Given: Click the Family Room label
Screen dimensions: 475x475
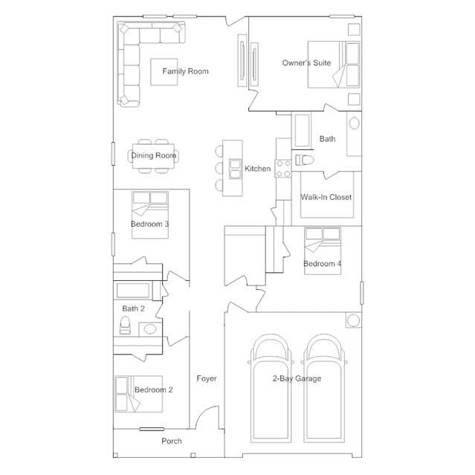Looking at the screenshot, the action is click(185, 71).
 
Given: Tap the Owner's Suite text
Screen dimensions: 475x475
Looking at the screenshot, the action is click(306, 63).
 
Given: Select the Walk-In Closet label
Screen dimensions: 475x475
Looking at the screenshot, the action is click(326, 197).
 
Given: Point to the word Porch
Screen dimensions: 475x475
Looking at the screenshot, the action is click(172, 441).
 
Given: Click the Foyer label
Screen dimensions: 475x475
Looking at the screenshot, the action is click(207, 378).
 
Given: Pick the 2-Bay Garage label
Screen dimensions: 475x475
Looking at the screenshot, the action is click(297, 378).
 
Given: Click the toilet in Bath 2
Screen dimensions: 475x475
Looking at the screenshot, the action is click(125, 325).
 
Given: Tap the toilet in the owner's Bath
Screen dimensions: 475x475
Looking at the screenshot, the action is click(305, 160).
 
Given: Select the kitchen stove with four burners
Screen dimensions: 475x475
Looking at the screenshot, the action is click(283, 169).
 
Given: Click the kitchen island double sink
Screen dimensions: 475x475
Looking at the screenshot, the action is click(235, 169).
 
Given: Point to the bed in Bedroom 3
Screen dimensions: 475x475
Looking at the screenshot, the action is click(150, 215).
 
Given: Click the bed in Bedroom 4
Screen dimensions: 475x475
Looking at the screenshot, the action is click(323, 251).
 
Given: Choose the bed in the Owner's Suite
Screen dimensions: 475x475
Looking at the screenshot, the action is click(334, 65).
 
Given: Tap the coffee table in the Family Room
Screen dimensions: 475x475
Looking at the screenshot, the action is click(164, 72).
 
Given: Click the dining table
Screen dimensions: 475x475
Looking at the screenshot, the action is click(153, 156).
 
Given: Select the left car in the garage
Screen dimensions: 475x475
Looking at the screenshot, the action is click(271, 388).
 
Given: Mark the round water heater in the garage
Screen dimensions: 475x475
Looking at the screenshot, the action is click(353, 320).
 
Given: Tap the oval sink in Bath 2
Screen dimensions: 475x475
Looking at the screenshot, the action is click(149, 329).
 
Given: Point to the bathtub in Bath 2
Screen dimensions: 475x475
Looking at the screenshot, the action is click(133, 291).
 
